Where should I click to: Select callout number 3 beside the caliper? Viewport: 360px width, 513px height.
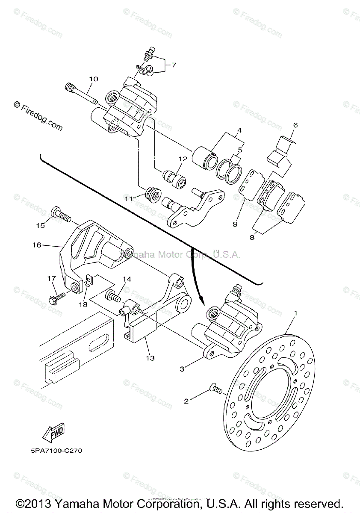tap(183, 369)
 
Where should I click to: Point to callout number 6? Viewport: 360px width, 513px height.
tap(295, 125)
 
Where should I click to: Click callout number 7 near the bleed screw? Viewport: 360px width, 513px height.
tap(174, 65)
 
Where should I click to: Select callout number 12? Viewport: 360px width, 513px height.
tap(183, 159)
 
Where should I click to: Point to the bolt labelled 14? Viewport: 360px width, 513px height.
tap(112, 295)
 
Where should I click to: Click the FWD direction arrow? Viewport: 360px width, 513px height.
tap(53, 435)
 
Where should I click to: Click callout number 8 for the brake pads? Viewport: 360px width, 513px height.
tap(251, 236)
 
